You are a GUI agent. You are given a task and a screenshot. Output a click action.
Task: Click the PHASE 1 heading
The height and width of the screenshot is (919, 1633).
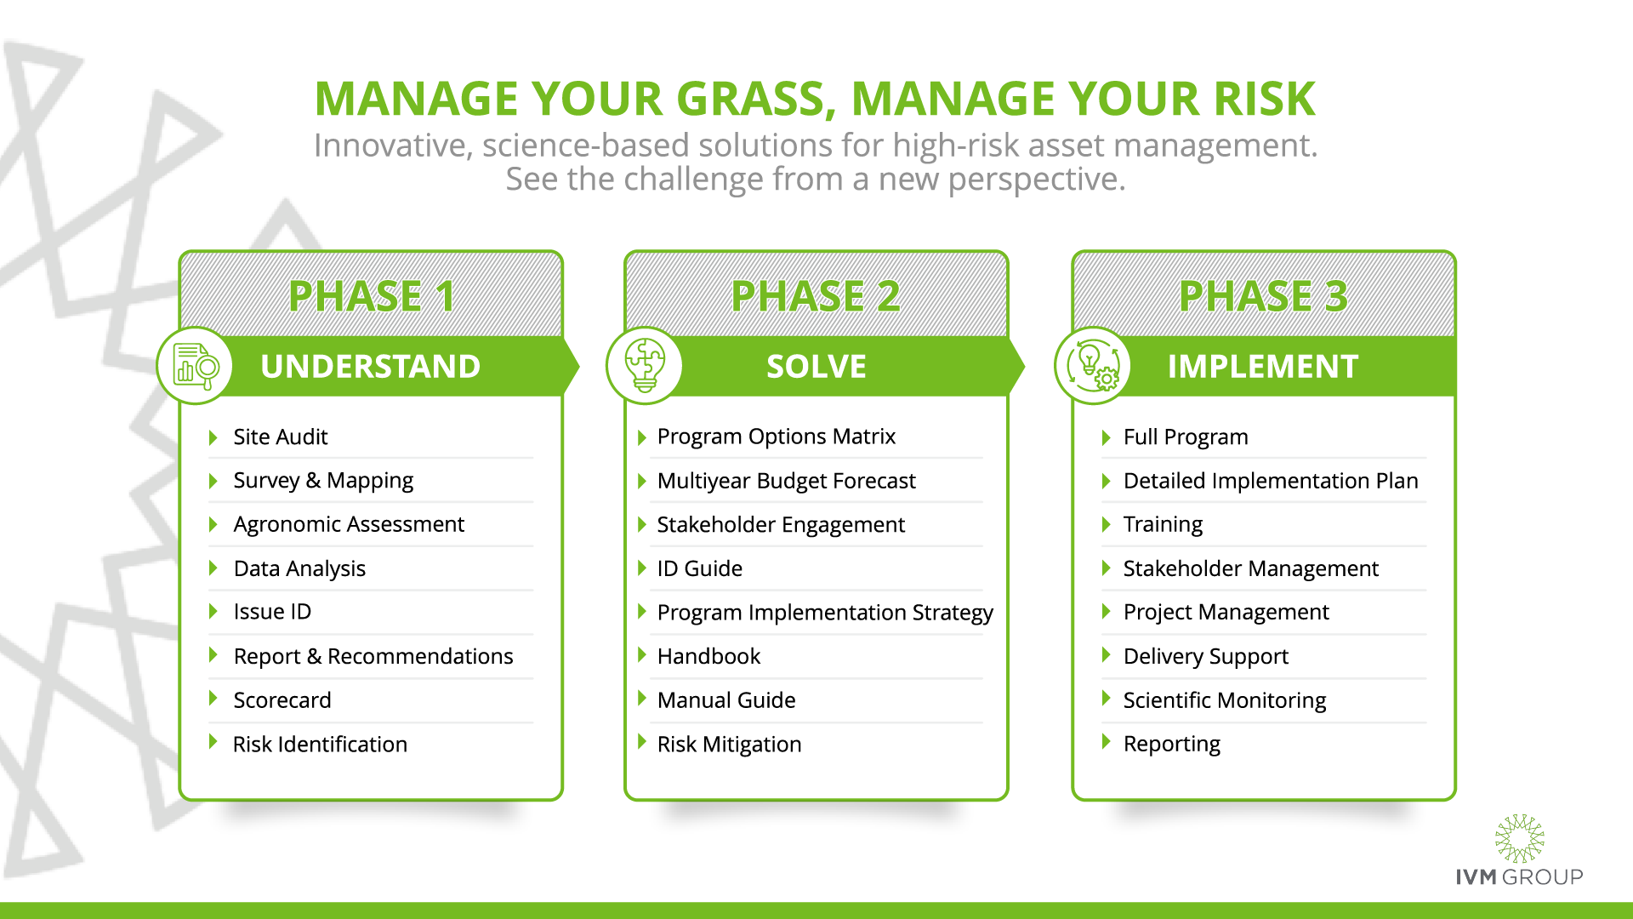coord(372,296)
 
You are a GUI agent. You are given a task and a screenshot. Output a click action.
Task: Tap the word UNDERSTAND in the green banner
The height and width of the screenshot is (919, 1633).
coord(371,367)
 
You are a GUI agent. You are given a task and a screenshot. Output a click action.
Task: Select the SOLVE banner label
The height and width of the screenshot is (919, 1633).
coord(816,367)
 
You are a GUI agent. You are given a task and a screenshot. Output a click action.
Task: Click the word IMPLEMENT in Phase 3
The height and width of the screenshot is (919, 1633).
coord(1263,367)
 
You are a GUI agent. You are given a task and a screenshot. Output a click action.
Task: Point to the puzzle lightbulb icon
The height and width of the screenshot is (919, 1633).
coord(645,366)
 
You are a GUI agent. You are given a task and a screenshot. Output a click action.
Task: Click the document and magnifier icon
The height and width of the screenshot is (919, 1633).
coord(196,366)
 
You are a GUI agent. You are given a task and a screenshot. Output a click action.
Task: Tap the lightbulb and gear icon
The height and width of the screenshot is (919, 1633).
coord(1093,366)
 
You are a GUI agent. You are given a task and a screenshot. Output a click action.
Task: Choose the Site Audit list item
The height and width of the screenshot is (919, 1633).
coord(281,437)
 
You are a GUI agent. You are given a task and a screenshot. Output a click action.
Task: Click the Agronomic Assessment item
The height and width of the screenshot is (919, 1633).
coord(349,524)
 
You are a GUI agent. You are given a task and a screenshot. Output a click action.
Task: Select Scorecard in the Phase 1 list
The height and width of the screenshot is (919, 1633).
coord(282,699)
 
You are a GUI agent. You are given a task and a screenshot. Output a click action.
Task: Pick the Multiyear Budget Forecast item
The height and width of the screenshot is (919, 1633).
coord(787,481)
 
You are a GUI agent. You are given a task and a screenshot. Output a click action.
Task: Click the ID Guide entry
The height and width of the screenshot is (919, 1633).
coord(700,568)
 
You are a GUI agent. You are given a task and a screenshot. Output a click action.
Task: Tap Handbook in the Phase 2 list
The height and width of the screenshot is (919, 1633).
coord(709,656)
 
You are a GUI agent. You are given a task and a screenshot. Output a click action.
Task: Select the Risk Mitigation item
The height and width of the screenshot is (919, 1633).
coord(730,744)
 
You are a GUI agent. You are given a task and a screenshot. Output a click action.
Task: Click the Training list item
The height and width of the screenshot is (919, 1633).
coord(1163,524)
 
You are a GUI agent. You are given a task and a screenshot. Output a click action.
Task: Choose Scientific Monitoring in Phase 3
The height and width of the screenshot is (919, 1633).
coord(1225,699)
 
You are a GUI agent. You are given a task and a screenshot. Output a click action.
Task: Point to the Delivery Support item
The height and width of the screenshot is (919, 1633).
coord(1206,656)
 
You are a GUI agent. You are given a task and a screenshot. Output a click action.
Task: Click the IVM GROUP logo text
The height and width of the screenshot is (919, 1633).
coord(1519,876)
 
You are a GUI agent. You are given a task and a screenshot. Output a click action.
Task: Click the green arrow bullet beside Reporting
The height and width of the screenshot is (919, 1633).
coord(1107,742)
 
